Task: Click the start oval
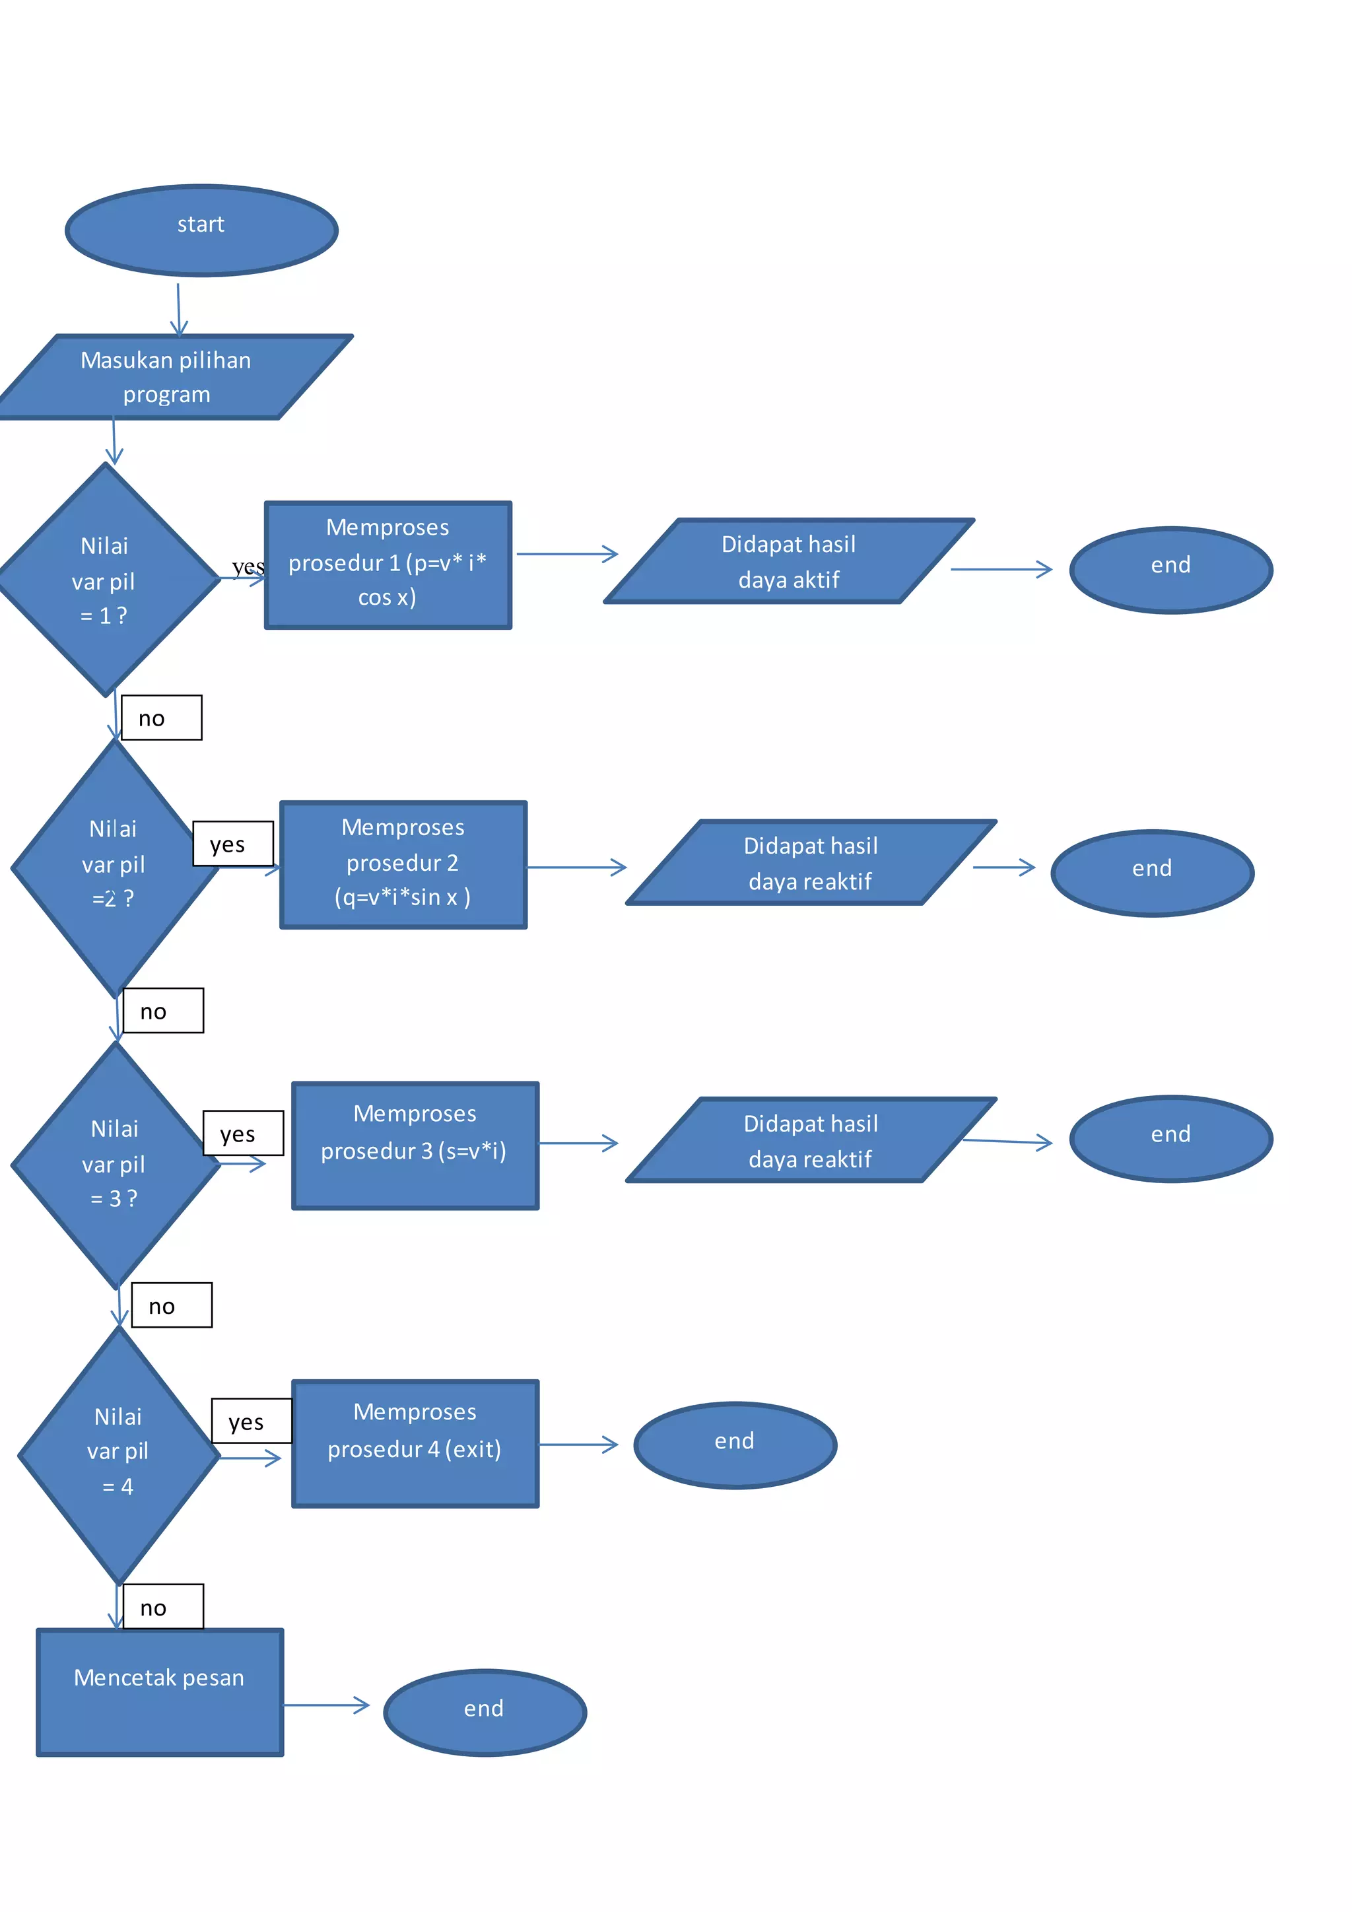pyautogui.click(x=201, y=230)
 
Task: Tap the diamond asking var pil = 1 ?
pyautogui.click(x=106, y=580)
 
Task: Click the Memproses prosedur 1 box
pyautogui.click(x=388, y=564)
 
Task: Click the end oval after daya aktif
pyautogui.click(x=1170, y=570)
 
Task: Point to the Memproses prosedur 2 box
pyautogui.click(x=403, y=864)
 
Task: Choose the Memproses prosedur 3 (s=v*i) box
pyautogui.click(x=415, y=1145)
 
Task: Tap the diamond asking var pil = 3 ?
pyautogui.click(x=114, y=1164)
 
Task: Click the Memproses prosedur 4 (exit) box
pyautogui.click(x=415, y=1443)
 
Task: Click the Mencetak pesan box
pyautogui.click(x=160, y=1692)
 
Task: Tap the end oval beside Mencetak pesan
pyautogui.click(x=485, y=1712)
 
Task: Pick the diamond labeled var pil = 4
pyautogui.click(x=118, y=1454)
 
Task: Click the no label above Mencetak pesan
pyautogui.click(x=162, y=1606)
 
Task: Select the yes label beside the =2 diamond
pyautogui.click(x=232, y=844)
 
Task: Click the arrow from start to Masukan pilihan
pyautogui.click(x=178, y=309)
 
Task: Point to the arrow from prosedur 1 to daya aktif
pyautogui.click(x=566, y=554)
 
